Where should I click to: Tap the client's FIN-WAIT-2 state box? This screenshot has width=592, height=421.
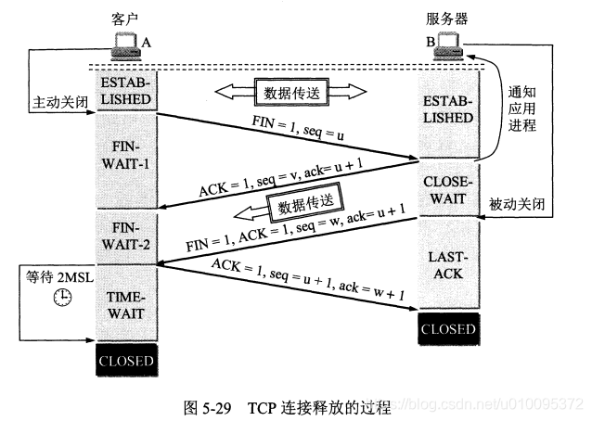click(x=126, y=236)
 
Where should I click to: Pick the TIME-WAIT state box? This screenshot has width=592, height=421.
click(x=126, y=303)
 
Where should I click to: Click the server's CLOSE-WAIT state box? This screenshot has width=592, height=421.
click(x=449, y=188)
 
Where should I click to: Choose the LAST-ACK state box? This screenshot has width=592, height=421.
click(x=449, y=263)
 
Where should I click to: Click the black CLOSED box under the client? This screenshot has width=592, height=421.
click(x=126, y=361)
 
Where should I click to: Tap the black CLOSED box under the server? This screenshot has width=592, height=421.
click(x=449, y=329)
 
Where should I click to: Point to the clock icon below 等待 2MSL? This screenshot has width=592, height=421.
click(x=62, y=296)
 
